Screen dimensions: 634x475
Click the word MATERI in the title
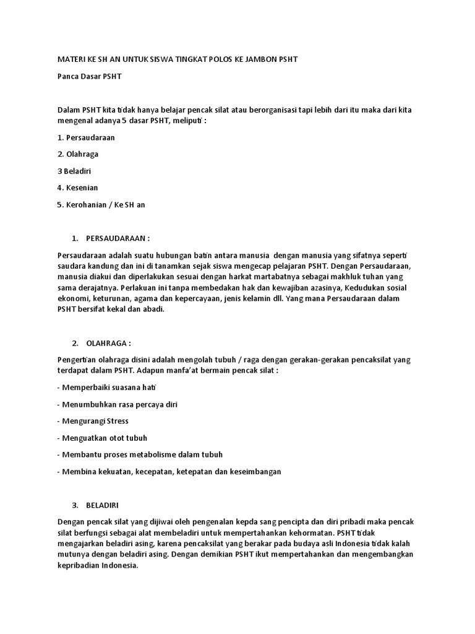point(71,59)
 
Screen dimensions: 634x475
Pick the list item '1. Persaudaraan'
point(86,137)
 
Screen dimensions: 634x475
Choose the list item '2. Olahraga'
point(78,154)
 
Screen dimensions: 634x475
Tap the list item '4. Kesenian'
point(77,188)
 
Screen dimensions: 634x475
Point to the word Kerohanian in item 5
point(86,204)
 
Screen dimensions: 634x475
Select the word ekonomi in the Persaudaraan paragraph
point(72,298)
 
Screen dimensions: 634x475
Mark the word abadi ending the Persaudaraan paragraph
point(153,310)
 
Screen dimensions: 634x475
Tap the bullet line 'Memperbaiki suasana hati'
point(107,388)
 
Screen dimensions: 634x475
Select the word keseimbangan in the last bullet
point(256,472)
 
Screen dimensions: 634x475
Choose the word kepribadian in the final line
point(77,565)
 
